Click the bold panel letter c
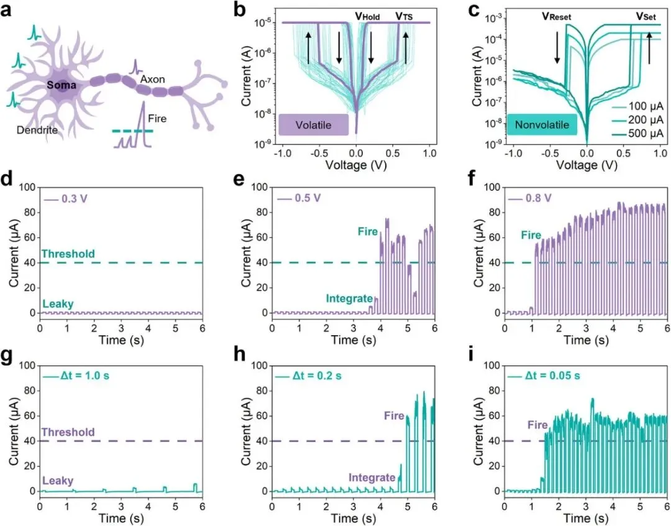[x=472, y=11]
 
